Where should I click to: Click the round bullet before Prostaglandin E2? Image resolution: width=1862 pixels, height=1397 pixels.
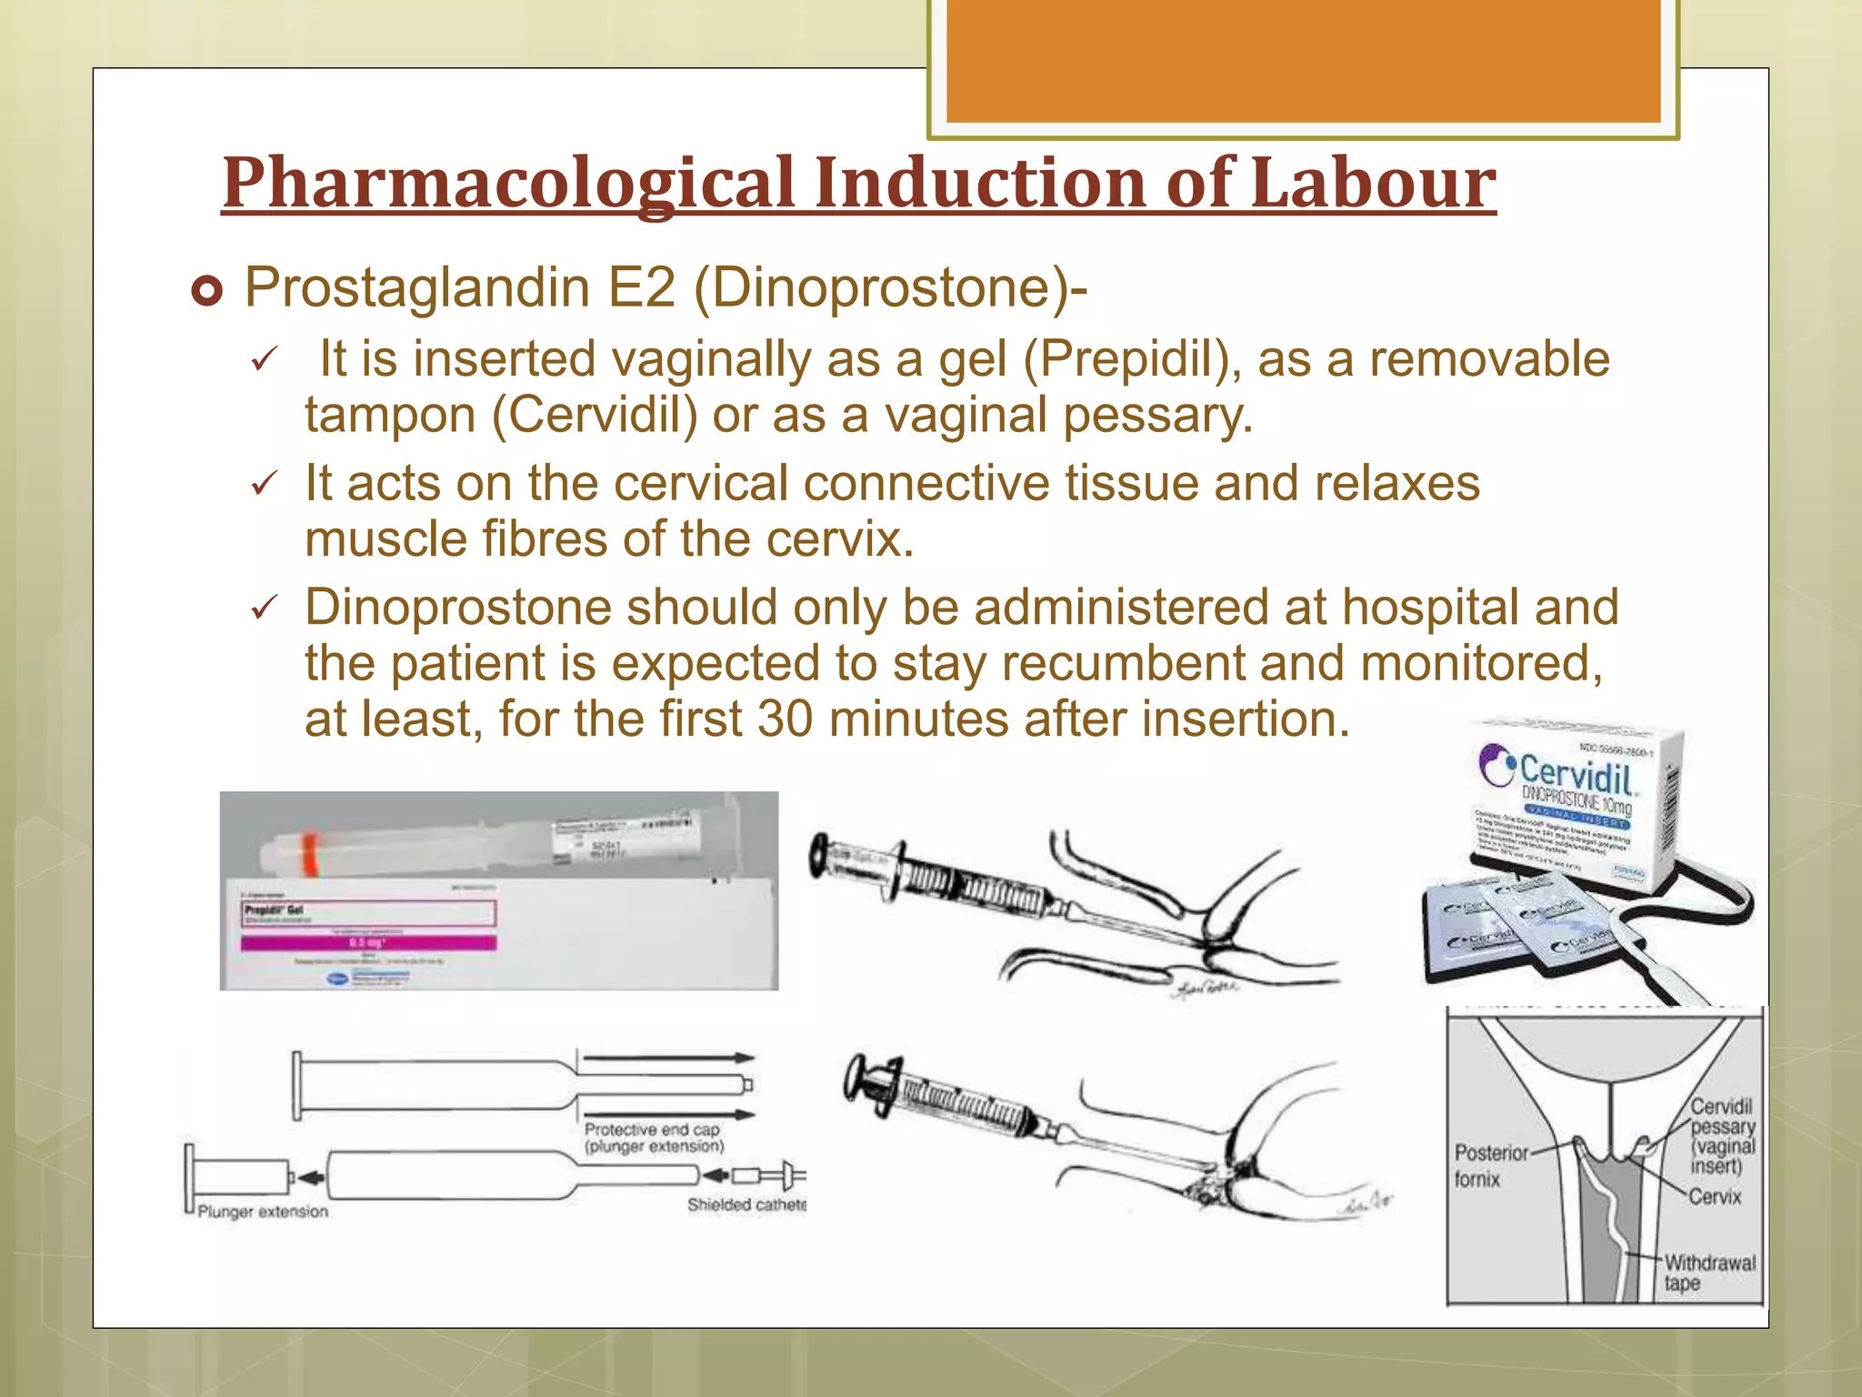click(x=207, y=292)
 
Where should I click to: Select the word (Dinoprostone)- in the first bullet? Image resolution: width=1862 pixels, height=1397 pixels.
click(x=890, y=288)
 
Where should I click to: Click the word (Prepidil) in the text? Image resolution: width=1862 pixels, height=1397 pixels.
click(x=1133, y=358)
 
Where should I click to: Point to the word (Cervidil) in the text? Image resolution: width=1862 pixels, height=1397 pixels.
click(x=595, y=415)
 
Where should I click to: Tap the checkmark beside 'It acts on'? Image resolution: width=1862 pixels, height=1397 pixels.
click(x=263, y=484)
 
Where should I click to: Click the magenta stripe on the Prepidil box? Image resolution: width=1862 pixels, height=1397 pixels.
click(x=368, y=944)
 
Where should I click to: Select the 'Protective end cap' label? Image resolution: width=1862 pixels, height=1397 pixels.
click(x=652, y=1130)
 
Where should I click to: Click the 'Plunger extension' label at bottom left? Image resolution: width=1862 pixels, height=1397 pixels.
click(x=263, y=1211)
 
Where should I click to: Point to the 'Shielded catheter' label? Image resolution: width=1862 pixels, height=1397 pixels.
click(x=746, y=1205)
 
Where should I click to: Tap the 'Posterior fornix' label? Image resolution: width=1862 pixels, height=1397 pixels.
click(x=1490, y=1165)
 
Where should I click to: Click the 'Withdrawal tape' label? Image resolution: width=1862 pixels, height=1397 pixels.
click(x=1708, y=1272)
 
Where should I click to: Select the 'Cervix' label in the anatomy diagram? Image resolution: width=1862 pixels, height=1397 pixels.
click(x=1715, y=1197)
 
